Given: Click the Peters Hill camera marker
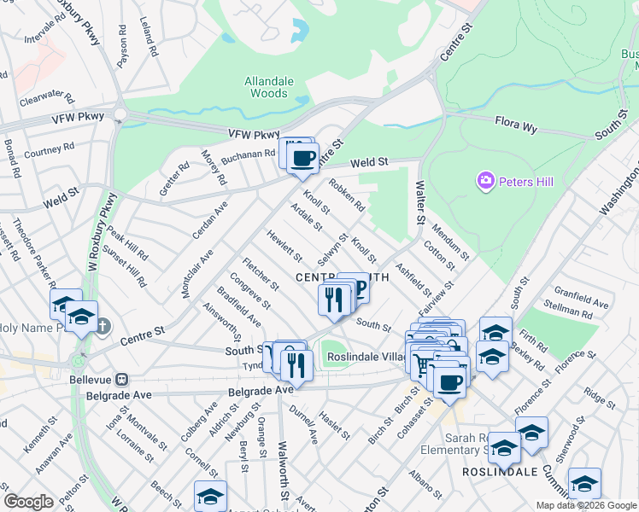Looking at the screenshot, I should coord(486,181).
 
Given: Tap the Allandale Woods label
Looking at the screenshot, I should coord(268,87).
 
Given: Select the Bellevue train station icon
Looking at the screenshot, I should coord(122,378).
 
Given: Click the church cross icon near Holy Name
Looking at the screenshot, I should coord(102,326).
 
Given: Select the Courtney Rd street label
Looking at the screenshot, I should coord(50,150).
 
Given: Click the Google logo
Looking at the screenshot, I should coord(28,502).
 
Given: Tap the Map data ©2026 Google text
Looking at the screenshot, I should coord(585,505).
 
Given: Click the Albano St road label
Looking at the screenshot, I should coord(425,484).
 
